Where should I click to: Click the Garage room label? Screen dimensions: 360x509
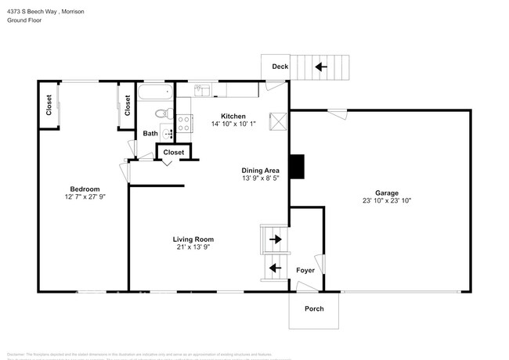[386, 193]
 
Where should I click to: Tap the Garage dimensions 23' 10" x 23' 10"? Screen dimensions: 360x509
[386, 201]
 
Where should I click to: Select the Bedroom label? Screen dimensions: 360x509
[85, 189]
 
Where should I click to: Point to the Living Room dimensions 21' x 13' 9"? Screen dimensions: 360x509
[193, 247]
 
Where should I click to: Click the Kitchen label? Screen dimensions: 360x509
[233, 116]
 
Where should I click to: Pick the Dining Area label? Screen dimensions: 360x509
[261, 170]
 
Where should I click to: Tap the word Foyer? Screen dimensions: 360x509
[305, 270]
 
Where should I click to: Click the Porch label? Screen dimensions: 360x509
[314, 308]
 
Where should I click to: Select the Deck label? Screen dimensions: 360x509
[280, 67]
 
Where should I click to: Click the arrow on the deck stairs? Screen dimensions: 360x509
[321, 67]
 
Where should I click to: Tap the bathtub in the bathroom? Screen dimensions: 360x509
[154, 95]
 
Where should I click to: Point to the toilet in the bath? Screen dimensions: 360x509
[162, 113]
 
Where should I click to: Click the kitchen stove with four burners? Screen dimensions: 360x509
[185, 123]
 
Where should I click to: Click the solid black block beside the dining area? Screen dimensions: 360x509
[297, 167]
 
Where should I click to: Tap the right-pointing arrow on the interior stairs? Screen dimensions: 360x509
[275, 238]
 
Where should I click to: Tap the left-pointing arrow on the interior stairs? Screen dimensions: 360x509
[275, 268]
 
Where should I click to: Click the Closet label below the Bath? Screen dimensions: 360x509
[174, 152]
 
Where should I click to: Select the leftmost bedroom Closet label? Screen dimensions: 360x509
[49, 105]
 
